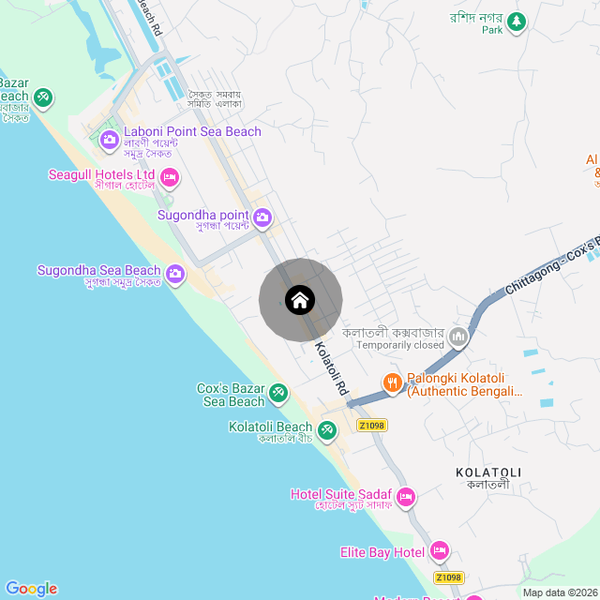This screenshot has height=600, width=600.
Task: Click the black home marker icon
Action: pyautogui.click(x=300, y=300)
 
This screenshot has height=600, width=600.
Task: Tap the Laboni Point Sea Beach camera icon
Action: pyautogui.click(x=109, y=140)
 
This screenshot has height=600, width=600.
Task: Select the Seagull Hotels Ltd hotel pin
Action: pyautogui.click(x=170, y=176)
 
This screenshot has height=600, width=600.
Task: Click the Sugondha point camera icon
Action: pyautogui.click(x=262, y=218)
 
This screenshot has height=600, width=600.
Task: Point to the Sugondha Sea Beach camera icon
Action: pyautogui.click(x=175, y=275)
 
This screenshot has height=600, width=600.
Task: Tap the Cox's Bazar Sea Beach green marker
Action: pyautogui.click(x=278, y=392)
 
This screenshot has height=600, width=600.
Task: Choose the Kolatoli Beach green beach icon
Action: pyautogui.click(x=326, y=430)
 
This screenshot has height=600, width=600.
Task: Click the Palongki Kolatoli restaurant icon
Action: pyautogui.click(x=393, y=382)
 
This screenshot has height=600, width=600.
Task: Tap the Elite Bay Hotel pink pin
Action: pyautogui.click(x=440, y=551)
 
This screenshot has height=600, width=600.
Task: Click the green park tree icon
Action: pyautogui.click(x=516, y=22)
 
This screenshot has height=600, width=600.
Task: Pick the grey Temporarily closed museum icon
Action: pyautogui.click(x=458, y=337)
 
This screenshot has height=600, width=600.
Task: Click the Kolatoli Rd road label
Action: pyautogui.click(x=331, y=367)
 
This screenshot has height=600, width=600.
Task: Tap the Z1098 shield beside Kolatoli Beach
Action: pyautogui.click(x=371, y=425)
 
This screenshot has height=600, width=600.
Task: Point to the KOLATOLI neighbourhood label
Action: pyautogui.click(x=487, y=472)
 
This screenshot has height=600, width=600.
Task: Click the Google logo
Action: pyautogui.click(x=31, y=589)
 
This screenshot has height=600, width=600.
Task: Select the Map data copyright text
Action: pyautogui.click(x=559, y=592)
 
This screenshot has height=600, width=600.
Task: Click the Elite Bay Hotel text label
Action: pyautogui.click(x=382, y=552)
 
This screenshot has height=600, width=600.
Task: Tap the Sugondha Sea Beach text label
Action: pyautogui.click(x=98, y=271)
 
